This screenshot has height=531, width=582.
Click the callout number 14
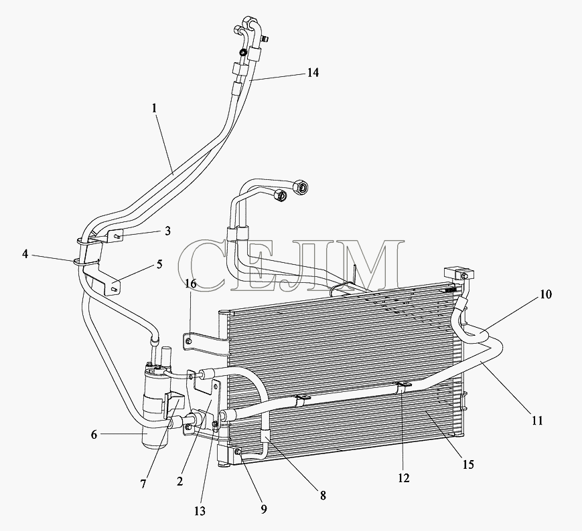click(313, 73)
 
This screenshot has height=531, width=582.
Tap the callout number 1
click(155, 108)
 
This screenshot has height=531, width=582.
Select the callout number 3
click(168, 231)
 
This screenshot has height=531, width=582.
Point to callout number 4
click(25, 254)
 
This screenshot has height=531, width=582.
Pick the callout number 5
click(159, 264)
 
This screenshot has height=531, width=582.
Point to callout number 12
click(403, 478)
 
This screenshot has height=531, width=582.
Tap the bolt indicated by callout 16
click(189, 340)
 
